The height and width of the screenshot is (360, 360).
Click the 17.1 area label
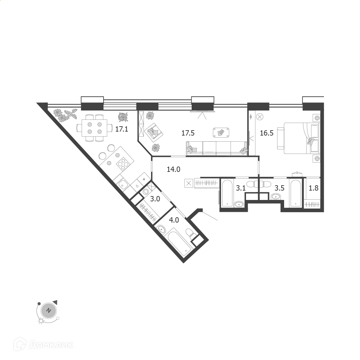pyautogui.click(x=122, y=129)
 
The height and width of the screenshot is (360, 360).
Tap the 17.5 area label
pyautogui.click(x=188, y=133)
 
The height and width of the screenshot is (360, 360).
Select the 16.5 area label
pyautogui.click(x=266, y=133)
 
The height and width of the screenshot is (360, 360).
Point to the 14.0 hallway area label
pyautogui.click(x=174, y=169)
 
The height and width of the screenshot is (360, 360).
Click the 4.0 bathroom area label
pyautogui.click(x=174, y=220)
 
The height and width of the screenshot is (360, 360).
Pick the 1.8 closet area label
pyautogui.click(x=314, y=188)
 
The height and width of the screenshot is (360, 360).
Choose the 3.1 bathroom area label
pyautogui.click(x=241, y=188)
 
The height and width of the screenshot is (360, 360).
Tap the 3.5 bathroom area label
pyautogui.click(x=280, y=188)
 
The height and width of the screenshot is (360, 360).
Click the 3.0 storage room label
pyautogui.click(x=155, y=199)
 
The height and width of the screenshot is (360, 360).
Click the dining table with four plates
pyautogui.click(x=95, y=128)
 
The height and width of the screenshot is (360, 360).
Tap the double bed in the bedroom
pyautogui.click(x=299, y=138)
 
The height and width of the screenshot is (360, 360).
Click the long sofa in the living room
pyautogui.click(x=217, y=148)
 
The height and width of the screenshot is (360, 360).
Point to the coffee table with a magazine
pyautogui.click(x=221, y=132)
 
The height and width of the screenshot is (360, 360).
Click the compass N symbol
pyautogui.click(x=49, y=311)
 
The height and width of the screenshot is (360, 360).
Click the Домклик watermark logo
pyautogui.click(x=44, y=345)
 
